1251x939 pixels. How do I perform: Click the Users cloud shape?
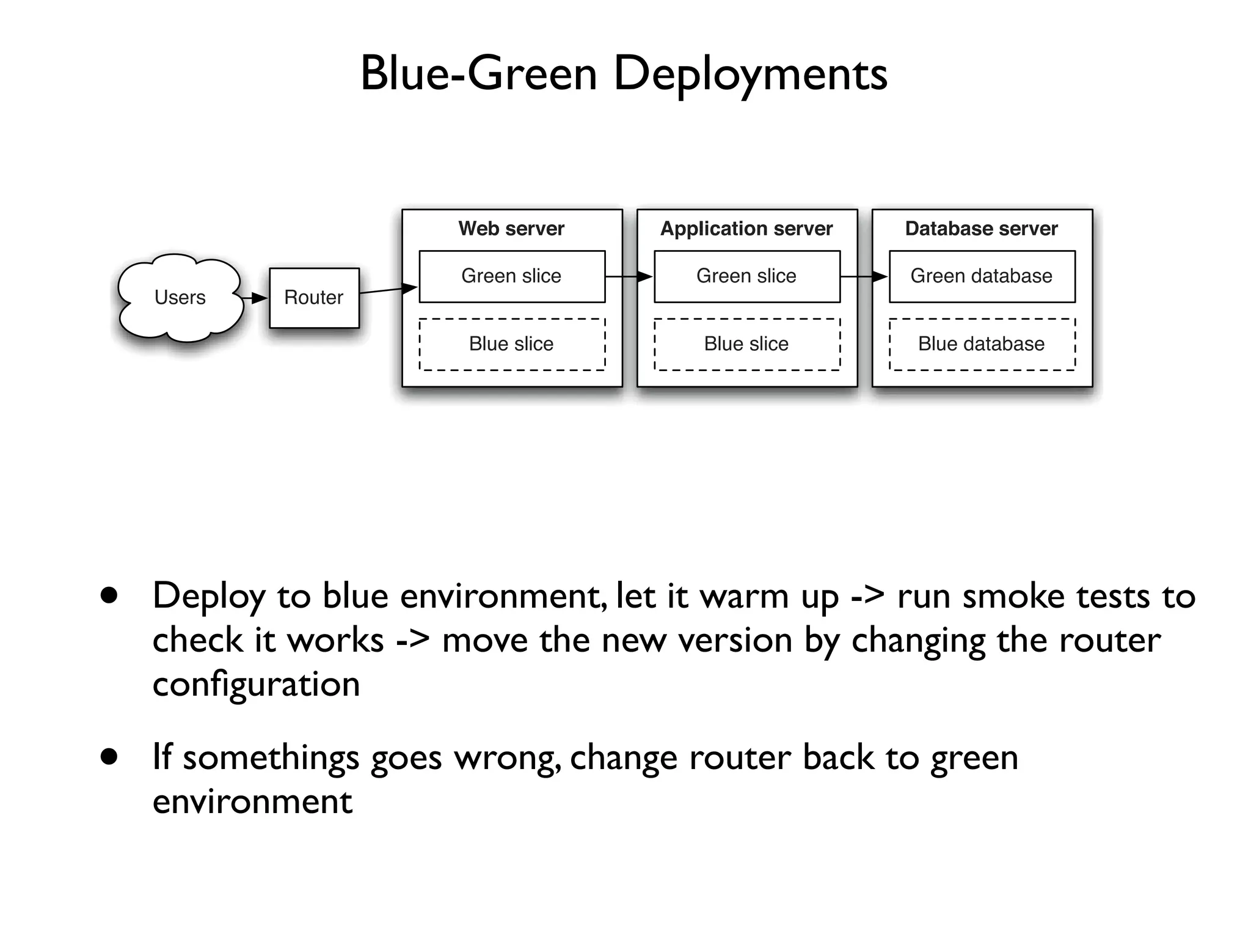180,298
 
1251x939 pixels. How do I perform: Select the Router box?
314,298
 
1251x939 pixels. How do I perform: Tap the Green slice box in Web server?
512,276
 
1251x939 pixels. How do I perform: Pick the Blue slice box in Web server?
512,344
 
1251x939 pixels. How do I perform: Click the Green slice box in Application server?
746,276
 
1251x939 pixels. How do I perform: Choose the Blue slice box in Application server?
746,344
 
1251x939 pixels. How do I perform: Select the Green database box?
982,276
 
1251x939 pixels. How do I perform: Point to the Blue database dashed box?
982,344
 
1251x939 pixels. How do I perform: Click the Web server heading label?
511,229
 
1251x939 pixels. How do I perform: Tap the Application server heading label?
746,229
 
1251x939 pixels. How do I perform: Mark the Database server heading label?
981,229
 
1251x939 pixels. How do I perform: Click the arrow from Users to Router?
255,298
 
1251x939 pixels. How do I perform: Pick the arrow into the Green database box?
864,277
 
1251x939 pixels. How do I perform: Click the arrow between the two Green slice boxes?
629,277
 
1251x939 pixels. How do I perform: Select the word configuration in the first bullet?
256,684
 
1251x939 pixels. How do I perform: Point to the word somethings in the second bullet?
271,758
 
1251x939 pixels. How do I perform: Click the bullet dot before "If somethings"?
109,757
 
